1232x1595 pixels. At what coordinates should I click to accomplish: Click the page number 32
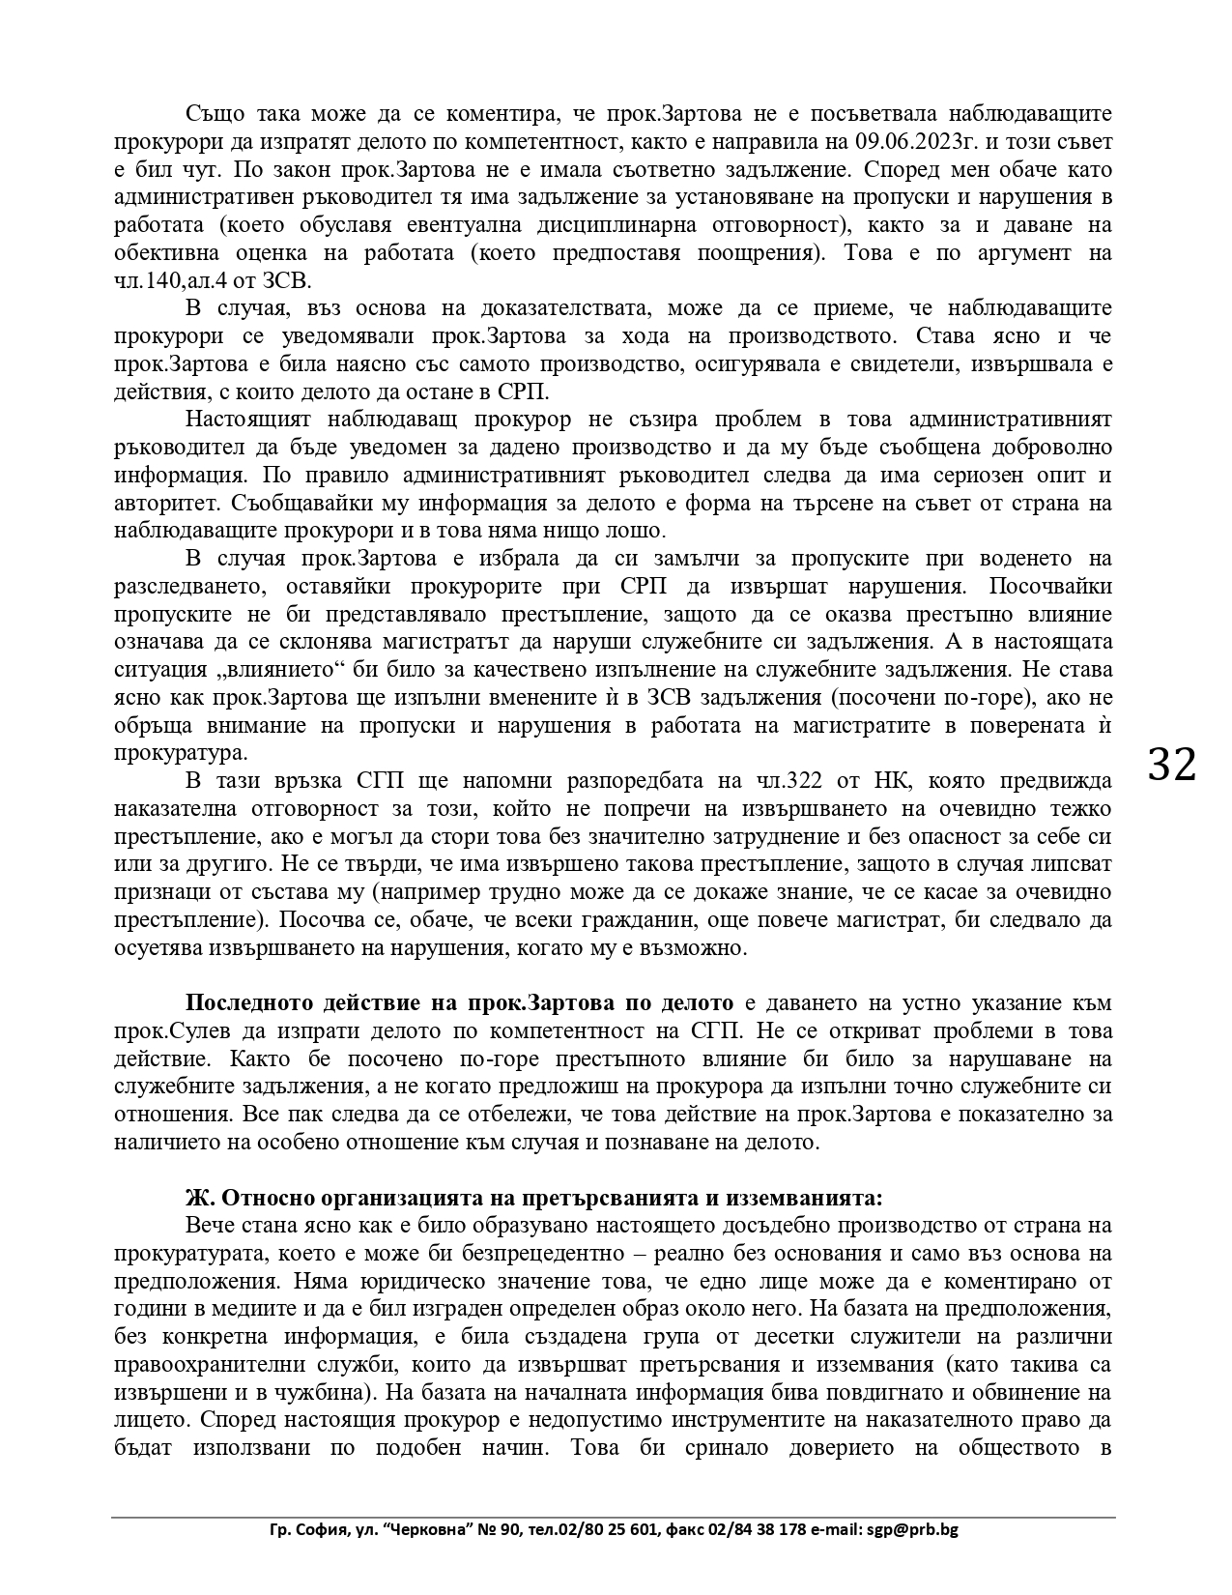tap(1172, 766)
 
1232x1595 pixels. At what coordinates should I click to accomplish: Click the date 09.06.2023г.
tap(929, 142)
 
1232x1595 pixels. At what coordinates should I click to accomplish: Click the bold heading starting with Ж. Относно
tap(533, 1198)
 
